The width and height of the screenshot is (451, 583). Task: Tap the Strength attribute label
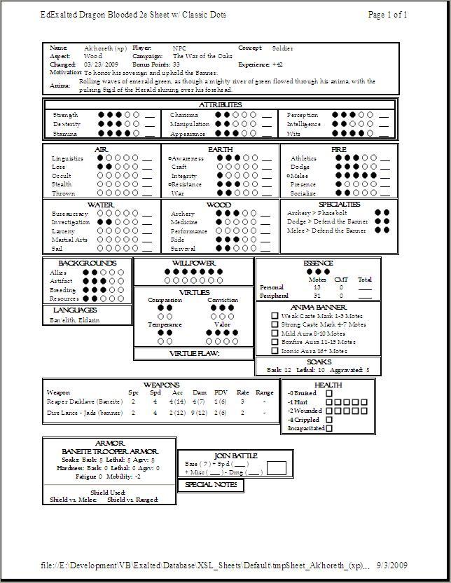coord(65,115)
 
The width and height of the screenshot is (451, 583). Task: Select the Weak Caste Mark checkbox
coord(275,316)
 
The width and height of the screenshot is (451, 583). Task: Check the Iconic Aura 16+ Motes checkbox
coord(275,350)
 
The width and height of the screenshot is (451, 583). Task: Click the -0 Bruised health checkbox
coord(329,394)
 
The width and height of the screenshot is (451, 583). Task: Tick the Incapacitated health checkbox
coord(329,428)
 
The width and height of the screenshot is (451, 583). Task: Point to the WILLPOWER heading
coord(193,263)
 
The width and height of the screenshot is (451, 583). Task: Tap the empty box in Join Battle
coord(277,467)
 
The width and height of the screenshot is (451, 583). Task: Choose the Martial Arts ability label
coord(68,240)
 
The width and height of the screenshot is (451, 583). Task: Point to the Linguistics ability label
coord(67,159)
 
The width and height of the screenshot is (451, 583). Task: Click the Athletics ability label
coord(304,159)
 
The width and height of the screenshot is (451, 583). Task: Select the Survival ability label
coord(183,249)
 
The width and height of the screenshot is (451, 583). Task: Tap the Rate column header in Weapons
coord(243,392)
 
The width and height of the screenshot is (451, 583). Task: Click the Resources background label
coord(64,299)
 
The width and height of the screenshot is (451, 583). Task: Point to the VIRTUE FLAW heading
coord(194,354)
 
